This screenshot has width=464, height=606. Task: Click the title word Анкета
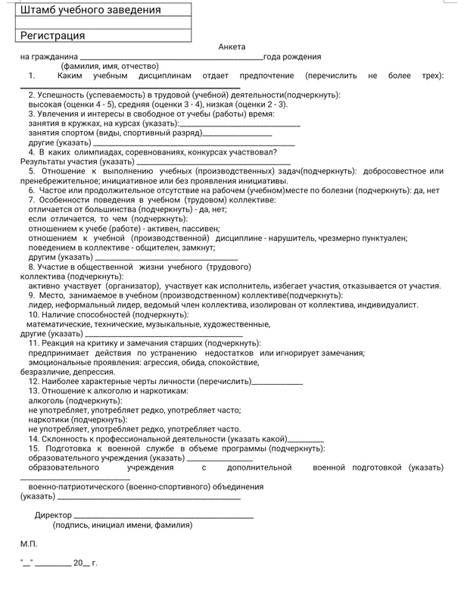click(x=232, y=47)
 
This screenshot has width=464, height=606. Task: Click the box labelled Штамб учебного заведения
click(x=102, y=11)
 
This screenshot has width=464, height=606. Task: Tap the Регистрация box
click(x=102, y=35)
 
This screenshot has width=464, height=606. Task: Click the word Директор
click(x=54, y=515)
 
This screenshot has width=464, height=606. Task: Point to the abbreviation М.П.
click(x=28, y=544)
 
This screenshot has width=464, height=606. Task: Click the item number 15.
click(x=33, y=448)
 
